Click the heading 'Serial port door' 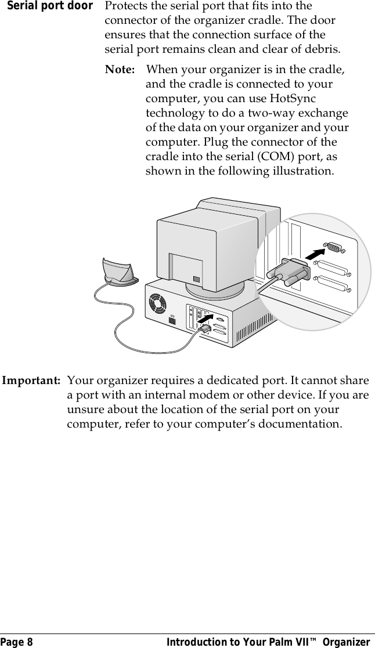47,6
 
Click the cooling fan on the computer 158,303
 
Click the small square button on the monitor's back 197,279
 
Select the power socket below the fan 171,321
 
